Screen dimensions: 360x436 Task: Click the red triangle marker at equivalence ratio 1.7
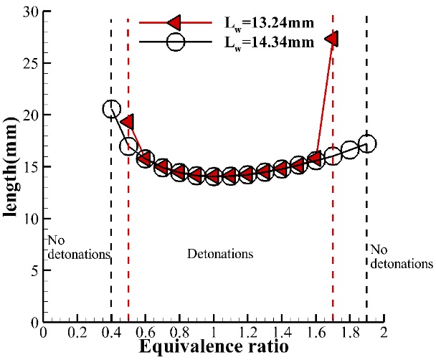[x=332, y=39]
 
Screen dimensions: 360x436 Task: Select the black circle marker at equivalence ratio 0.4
[x=111, y=109]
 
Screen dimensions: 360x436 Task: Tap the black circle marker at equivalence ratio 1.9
[x=366, y=144]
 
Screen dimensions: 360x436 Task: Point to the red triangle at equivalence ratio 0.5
[x=128, y=122]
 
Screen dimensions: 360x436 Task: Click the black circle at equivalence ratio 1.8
[x=350, y=151]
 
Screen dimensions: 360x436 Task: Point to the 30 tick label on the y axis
[x=28, y=11]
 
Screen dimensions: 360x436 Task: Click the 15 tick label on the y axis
[x=28, y=166]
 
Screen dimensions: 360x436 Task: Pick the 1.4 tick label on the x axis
[x=281, y=332]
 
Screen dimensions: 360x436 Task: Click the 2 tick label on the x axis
[x=384, y=332]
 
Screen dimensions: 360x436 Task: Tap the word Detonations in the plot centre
[x=220, y=255]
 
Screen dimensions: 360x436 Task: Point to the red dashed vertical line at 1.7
[x=333, y=215]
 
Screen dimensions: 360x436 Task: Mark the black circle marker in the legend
[x=176, y=42]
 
